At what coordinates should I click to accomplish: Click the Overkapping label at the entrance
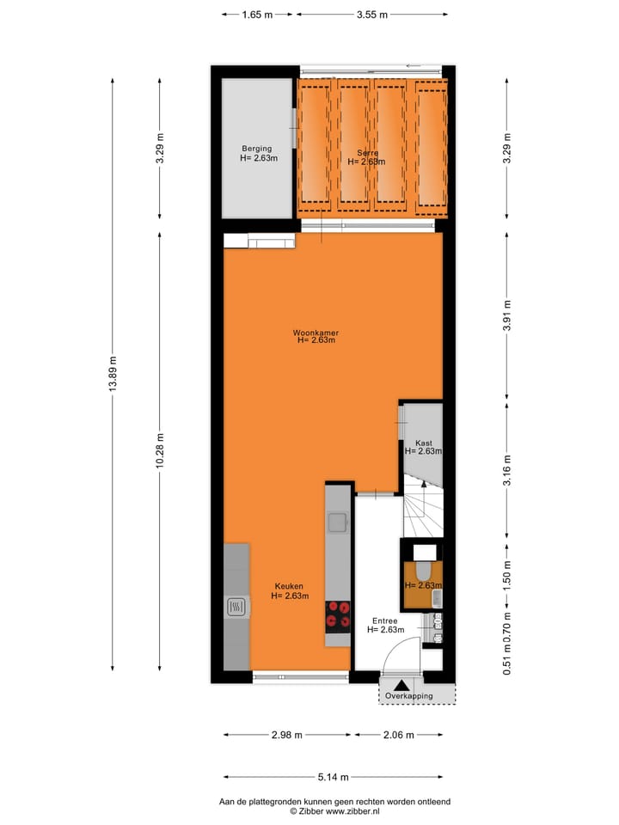click(x=408, y=695)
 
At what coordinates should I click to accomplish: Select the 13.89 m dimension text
click(x=113, y=374)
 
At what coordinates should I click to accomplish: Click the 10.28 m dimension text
click(x=160, y=450)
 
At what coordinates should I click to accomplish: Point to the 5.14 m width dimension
click(x=333, y=778)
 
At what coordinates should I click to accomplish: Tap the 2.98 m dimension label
click(x=288, y=735)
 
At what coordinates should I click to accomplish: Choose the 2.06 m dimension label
click(x=397, y=735)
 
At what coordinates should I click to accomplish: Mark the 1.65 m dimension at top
click(x=257, y=15)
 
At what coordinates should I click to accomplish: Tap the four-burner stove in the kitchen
click(x=338, y=615)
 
